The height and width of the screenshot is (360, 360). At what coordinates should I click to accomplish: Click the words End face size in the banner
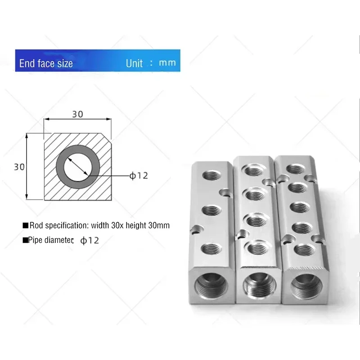point(46,63)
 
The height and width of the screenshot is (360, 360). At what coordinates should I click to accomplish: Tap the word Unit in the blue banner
point(134,63)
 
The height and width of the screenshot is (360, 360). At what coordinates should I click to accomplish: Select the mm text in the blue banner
point(167,63)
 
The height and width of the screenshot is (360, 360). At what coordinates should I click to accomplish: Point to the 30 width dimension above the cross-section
point(77,114)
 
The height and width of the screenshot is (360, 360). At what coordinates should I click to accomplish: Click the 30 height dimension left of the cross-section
point(19,167)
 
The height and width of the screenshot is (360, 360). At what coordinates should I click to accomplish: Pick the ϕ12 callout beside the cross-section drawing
point(139,175)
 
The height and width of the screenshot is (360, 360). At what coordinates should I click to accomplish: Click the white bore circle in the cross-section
point(78,167)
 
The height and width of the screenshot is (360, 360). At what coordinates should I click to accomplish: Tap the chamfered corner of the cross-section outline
point(107,138)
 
